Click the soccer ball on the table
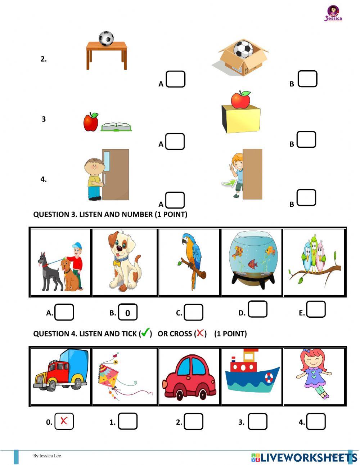point(106,38)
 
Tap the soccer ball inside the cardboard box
point(244,49)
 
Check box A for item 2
point(176,79)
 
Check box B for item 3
point(306,139)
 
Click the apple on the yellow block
point(241,99)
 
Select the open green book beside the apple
point(116,127)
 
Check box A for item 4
point(175,200)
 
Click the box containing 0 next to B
point(128,313)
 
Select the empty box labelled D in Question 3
point(258,309)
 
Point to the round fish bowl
point(252,259)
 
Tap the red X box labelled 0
point(64,421)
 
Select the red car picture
point(189,376)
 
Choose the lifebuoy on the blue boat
point(269,378)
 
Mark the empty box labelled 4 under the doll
point(316,421)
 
